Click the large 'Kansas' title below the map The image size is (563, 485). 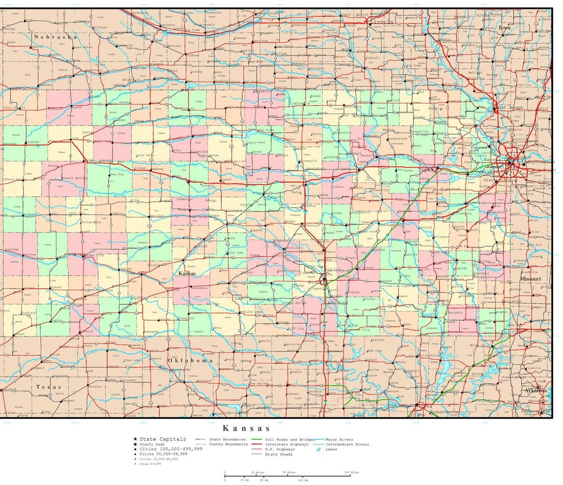tap(246, 428)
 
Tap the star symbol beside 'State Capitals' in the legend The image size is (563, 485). tap(135, 439)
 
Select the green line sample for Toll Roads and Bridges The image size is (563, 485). tap(257, 439)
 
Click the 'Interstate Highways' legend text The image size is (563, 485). tap(287, 444)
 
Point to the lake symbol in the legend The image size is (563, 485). tap(319, 450)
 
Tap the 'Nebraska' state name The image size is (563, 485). tap(55, 37)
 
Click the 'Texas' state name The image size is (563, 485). tap(49, 387)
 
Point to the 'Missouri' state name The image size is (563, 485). tap(530, 279)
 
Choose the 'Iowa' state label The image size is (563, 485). tap(504, 28)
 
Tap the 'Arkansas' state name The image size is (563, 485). tap(535, 391)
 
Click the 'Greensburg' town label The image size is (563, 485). tap(199, 288)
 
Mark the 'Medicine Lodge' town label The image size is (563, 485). tap(251, 312)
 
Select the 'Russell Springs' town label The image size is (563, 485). tap(74, 178)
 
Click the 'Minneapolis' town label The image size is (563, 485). tap(308, 161)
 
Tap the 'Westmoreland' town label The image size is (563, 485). tap(397, 139)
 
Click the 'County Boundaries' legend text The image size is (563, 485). tap(228, 444)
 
